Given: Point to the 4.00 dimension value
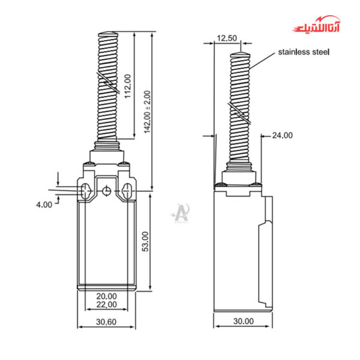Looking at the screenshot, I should click(44, 205).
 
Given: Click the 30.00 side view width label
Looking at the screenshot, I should click(243, 322).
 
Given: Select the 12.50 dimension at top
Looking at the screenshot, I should click(227, 38).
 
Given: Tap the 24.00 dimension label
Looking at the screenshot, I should click(282, 136).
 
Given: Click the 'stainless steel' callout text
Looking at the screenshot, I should click(304, 52).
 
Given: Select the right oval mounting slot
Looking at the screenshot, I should click(127, 191).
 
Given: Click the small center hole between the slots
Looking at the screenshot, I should click(106, 191).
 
